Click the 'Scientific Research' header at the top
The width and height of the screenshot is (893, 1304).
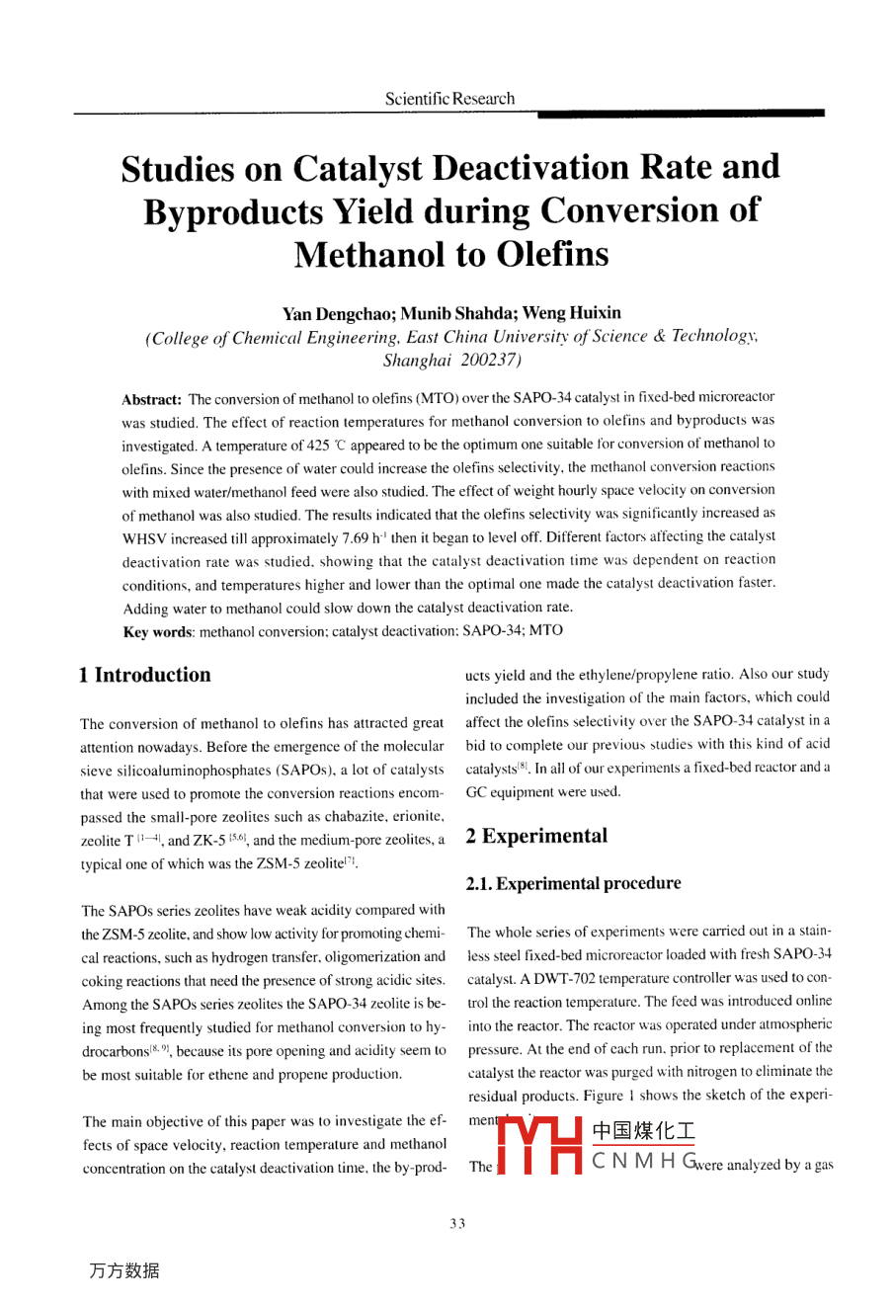point(449,99)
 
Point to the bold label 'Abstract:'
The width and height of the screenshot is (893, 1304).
point(151,400)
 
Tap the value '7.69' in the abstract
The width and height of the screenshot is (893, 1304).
point(354,538)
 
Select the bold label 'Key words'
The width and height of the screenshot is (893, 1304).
point(157,631)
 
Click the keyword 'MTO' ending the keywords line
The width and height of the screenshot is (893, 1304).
point(546,630)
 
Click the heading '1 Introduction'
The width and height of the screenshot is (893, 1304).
point(144,675)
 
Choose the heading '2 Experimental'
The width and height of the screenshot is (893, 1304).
point(536,836)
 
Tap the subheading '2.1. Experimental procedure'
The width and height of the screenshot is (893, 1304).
point(573,883)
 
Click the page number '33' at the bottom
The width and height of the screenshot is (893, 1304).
point(456,1224)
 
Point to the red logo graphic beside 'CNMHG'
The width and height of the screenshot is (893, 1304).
point(537,1147)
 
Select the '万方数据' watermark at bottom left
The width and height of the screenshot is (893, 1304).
point(123,1270)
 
